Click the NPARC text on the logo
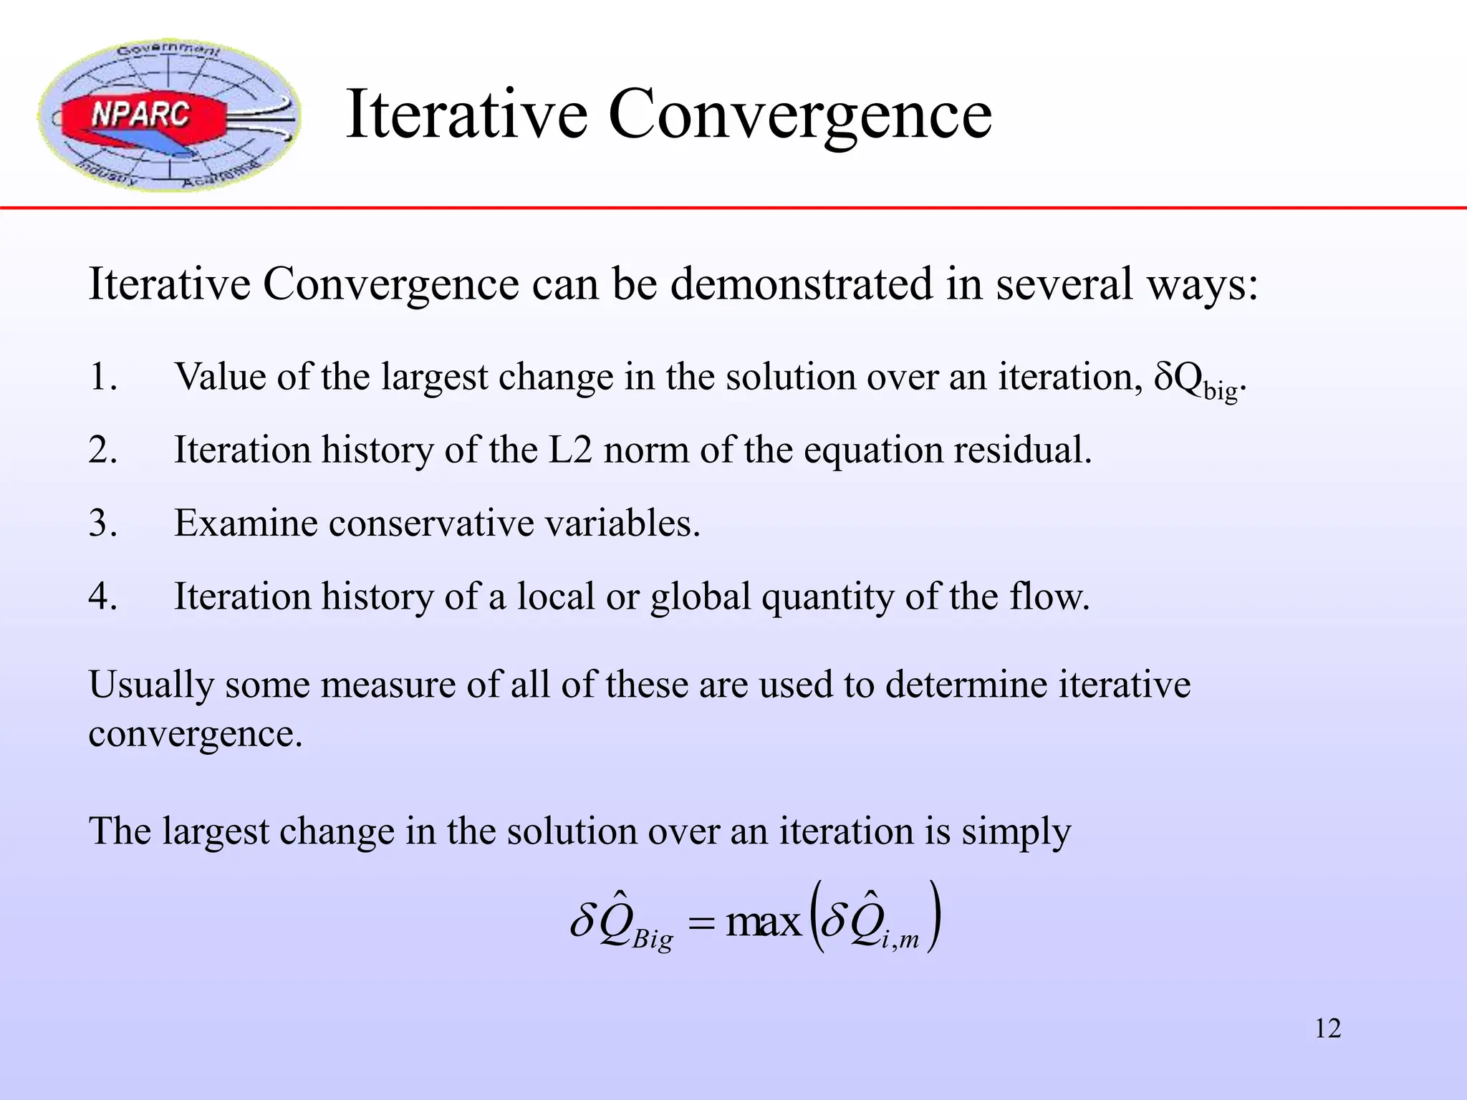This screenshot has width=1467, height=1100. pos(140,115)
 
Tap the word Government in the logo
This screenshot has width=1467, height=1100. pos(169,50)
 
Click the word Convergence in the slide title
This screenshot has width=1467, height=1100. pos(799,115)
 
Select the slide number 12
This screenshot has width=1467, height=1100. pos(1327,1028)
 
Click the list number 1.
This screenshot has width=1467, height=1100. pos(102,377)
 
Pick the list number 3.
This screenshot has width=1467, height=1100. pos(102,523)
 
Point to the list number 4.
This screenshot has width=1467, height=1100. pos(102,596)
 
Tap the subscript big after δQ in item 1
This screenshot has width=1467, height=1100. pos(1221,391)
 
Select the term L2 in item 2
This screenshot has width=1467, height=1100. pos(570,450)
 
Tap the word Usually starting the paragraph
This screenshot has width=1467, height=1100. pos(151,685)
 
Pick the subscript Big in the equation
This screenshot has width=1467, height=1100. pos(652,938)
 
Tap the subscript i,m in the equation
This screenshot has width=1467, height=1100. pos(900,940)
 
